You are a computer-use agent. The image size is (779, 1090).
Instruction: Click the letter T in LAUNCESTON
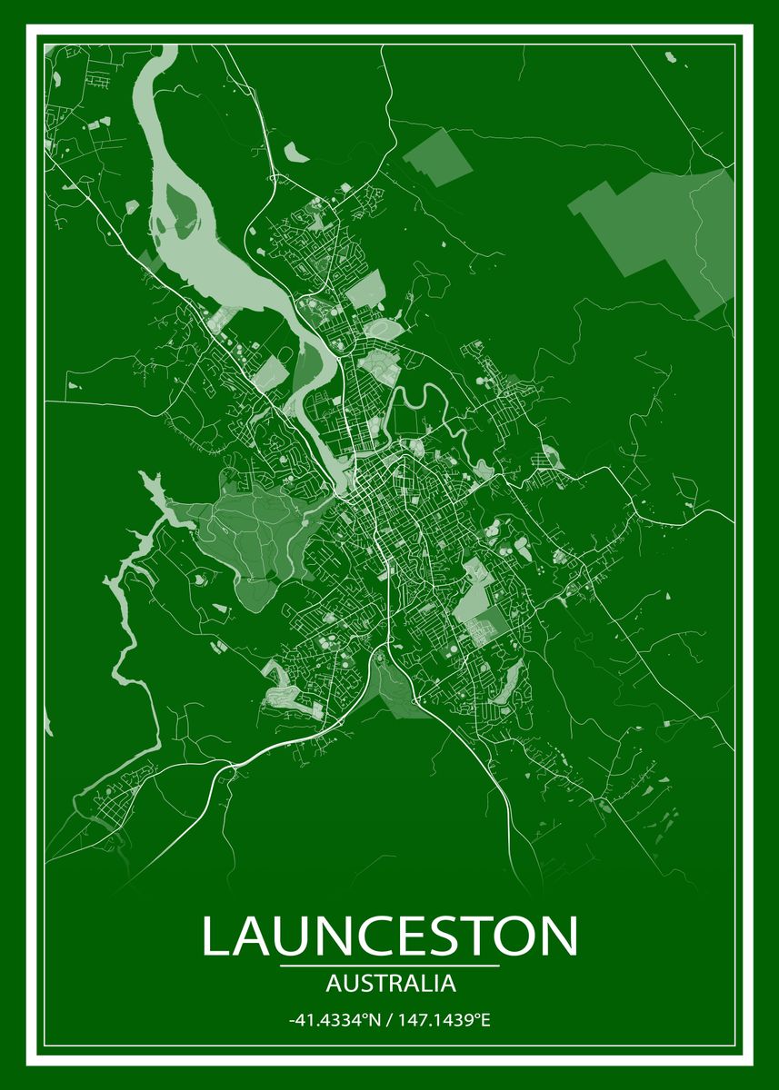coord(466,937)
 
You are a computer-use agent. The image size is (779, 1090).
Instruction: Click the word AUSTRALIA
coord(389,983)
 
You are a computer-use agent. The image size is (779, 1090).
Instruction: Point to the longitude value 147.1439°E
coord(444,1020)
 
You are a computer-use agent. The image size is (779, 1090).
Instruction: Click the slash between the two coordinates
coord(388,1020)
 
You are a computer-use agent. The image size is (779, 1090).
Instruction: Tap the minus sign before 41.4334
coord(291,1021)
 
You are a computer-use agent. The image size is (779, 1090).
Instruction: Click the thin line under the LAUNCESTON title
coord(389,966)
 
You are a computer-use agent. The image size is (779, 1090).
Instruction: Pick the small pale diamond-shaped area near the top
coord(438,158)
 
